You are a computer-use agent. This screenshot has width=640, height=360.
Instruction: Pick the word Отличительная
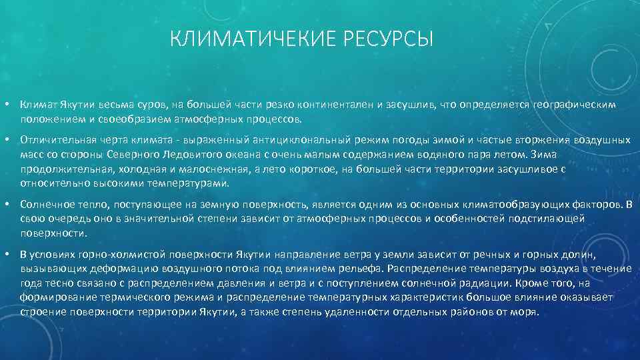[57, 141]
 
